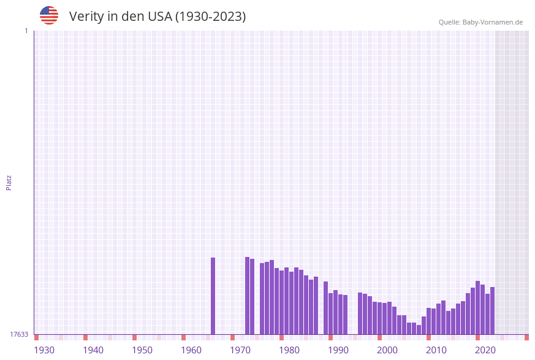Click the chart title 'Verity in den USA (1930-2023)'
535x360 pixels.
[157, 17]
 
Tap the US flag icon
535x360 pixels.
[49, 15]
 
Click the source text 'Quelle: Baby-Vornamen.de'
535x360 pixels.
[480, 22]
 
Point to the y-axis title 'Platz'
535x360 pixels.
[9, 182]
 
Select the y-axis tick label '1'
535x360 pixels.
[26, 31]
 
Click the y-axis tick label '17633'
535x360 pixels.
[19, 334]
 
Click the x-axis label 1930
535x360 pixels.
[44, 350]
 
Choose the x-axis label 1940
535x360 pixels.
[93, 350]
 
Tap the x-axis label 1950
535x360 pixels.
[142, 350]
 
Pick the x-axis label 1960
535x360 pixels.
[191, 350]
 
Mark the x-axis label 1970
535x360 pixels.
[240, 350]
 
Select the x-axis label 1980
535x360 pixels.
[289, 350]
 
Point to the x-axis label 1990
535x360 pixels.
[338, 350]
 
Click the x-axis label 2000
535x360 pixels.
[387, 350]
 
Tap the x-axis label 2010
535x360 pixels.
[436, 350]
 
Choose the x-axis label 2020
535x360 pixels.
[485, 350]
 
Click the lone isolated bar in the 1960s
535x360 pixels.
[213, 296]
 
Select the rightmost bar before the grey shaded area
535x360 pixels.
[492, 310]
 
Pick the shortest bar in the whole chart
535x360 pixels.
[419, 330]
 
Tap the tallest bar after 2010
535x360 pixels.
[477, 307]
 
